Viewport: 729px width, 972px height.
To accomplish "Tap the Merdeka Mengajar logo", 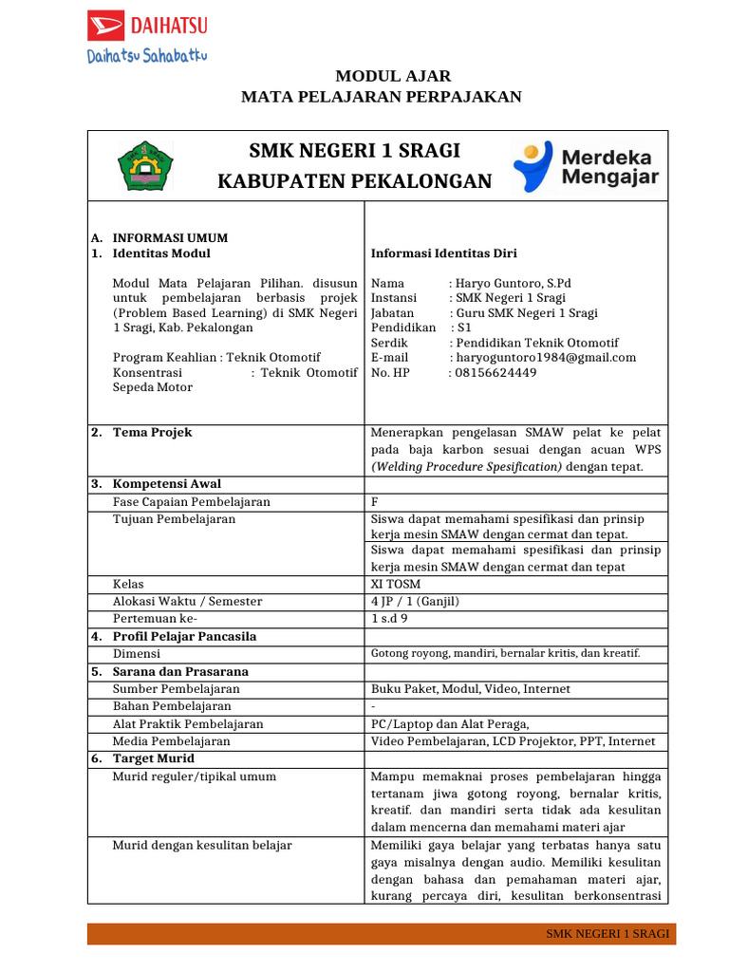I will tap(586, 166).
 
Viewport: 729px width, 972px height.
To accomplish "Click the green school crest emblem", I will tap(144, 165).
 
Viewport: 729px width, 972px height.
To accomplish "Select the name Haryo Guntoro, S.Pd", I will tap(514, 283).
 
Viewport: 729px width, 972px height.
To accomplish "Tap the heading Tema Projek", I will tap(152, 432).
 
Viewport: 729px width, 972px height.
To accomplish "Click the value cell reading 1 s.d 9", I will tap(389, 618).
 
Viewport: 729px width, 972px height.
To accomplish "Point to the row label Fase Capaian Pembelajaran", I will tap(191, 501).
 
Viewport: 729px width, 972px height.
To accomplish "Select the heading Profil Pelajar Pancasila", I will tap(184, 636).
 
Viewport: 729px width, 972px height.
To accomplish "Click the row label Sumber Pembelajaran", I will tap(176, 688).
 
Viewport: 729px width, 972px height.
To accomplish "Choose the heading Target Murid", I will tap(154, 758).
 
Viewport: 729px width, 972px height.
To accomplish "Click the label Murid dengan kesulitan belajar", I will tap(202, 845).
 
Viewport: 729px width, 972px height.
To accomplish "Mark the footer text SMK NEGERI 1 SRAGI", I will tap(607, 934).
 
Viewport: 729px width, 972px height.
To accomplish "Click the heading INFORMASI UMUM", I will tap(170, 237).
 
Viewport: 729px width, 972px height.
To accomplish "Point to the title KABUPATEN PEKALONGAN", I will tap(355, 181).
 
